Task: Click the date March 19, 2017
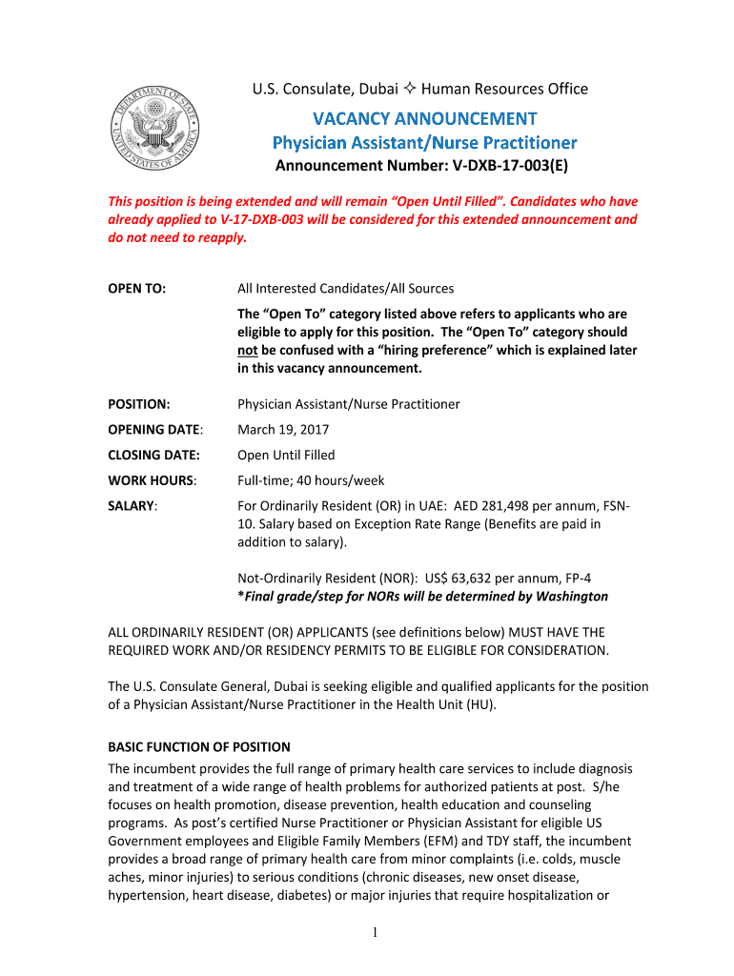tap(279, 429)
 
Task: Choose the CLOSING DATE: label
tap(146, 455)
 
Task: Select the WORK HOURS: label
tap(145, 480)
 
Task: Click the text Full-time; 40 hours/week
tap(311, 480)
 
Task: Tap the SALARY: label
tap(133, 506)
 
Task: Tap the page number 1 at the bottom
tap(377, 933)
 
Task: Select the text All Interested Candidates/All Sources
tap(345, 288)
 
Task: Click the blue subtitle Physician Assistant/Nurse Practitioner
tap(424, 143)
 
